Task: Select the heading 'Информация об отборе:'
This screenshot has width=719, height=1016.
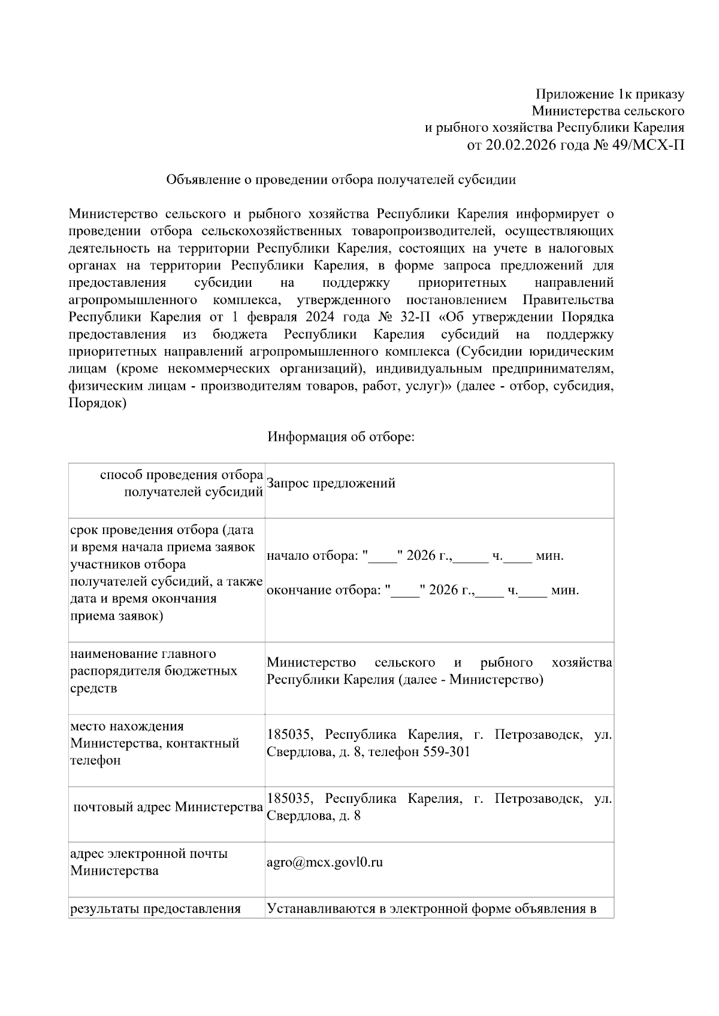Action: [x=341, y=436]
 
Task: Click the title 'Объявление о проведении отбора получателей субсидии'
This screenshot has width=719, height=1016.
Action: [x=341, y=180]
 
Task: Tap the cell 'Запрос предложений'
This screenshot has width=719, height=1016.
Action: [x=331, y=483]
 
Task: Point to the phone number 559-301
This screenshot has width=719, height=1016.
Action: [x=446, y=751]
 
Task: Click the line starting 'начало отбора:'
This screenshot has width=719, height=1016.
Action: [x=415, y=556]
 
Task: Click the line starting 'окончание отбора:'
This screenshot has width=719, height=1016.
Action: [x=422, y=590]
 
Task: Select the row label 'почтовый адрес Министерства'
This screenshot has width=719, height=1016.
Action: [x=168, y=807]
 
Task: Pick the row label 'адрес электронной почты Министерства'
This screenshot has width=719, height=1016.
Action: [x=149, y=862]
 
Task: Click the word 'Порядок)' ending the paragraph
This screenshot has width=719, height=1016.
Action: [x=98, y=404]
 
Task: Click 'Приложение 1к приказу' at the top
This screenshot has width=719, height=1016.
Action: [x=609, y=94]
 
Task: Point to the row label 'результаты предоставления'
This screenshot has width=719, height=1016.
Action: [x=155, y=909]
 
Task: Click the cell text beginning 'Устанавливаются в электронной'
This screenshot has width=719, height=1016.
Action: [x=431, y=909]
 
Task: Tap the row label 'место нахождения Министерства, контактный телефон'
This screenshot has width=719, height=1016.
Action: [x=155, y=743]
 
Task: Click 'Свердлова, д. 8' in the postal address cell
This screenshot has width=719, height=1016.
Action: [x=313, y=815]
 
